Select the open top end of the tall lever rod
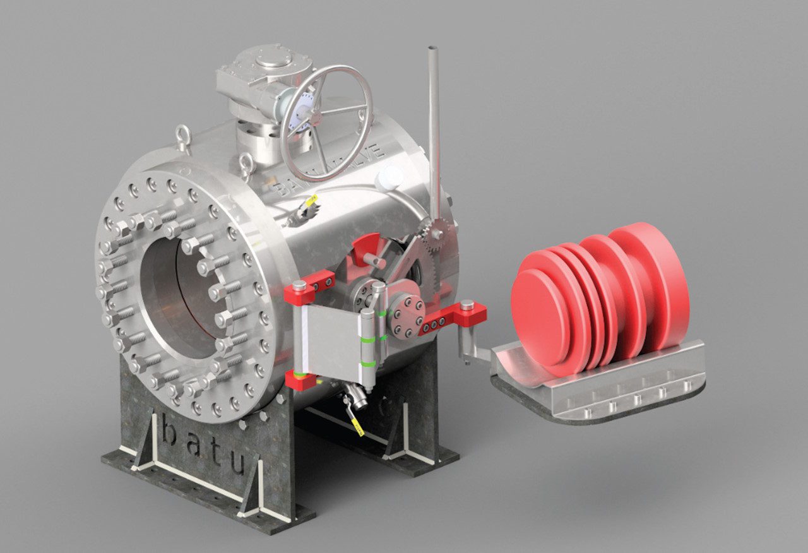click(432, 49)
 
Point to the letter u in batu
click(236, 465)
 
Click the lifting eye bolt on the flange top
click(182, 137)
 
